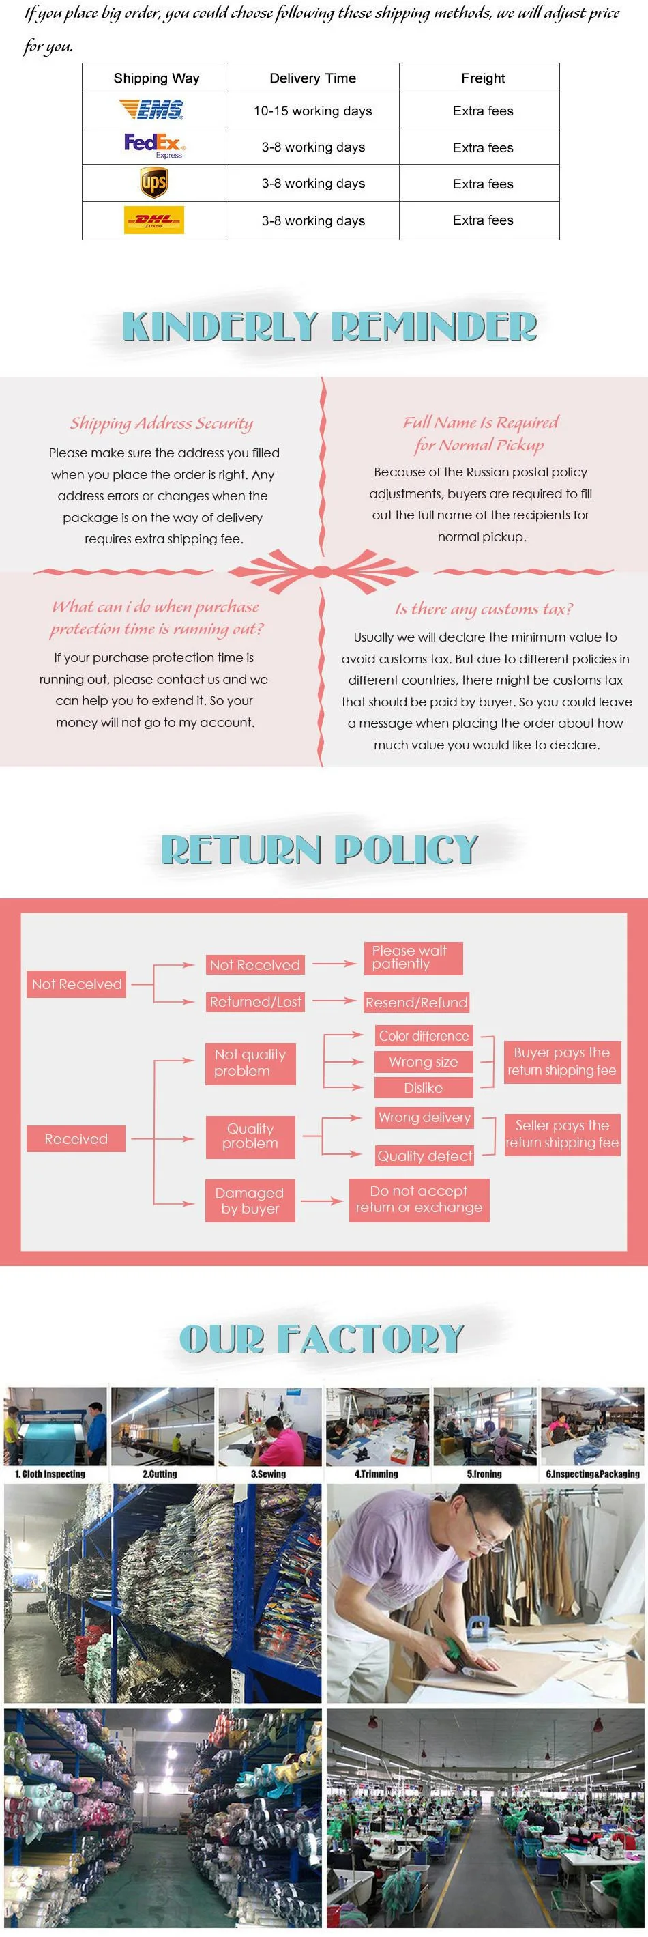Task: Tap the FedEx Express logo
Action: pos(155,146)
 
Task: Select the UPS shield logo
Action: pos(154,183)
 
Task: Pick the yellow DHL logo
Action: pos(154,220)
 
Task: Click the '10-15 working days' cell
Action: pos(312,111)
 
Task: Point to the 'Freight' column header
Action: pos(483,78)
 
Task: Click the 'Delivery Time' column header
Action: pos(312,78)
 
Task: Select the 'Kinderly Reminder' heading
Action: pos(329,326)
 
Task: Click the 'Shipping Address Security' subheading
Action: pos(162,423)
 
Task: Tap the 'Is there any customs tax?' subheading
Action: pos(484,609)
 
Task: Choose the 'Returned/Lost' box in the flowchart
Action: pos(256,1001)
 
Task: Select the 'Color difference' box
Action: pos(424,1036)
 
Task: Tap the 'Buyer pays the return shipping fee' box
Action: pos(561,1061)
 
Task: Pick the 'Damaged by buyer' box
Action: pos(250,1201)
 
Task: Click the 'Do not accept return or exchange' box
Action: pos(419,1199)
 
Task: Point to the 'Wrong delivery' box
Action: pos(425,1117)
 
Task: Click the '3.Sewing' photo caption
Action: pos(268,1474)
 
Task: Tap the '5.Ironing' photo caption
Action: pos(484,1474)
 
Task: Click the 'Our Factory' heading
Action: pos(322,1340)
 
